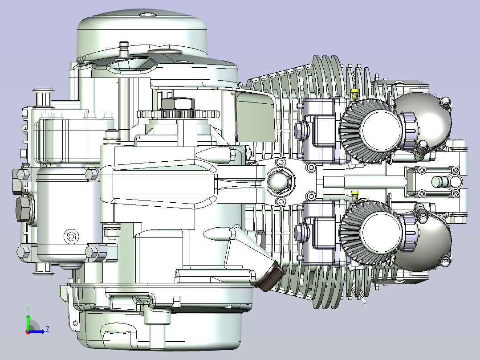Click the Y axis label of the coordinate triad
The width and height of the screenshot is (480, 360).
[x=28, y=310]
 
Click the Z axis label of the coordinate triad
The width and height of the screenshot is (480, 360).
[x=48, y=329]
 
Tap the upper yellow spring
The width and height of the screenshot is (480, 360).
[x=354, y=94]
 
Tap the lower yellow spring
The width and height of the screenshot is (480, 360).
[x=354, y=196]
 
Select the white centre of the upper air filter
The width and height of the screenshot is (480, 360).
[x=381, y=130]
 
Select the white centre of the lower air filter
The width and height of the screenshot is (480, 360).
[x=381, y=232]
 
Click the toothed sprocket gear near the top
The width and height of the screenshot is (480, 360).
[x=178, y=114]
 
